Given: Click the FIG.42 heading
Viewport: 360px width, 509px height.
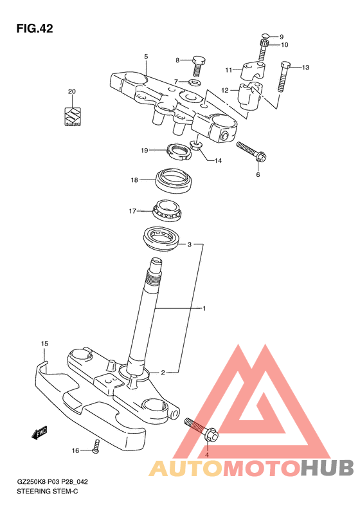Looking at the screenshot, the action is click(x=35, y=28).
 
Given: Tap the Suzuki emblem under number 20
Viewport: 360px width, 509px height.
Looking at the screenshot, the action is click(x=72, y=117).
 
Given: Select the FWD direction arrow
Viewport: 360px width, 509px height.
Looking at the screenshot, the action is click(x=40, y=432).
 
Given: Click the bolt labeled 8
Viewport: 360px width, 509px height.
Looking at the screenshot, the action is click(x=197, y=66).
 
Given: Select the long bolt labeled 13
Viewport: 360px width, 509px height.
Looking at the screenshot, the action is click(x=283, y=77).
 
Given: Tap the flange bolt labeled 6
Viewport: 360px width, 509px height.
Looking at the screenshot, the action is click(x=251, y=152).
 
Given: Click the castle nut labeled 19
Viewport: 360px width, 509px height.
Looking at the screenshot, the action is click(x=177, y=151).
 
